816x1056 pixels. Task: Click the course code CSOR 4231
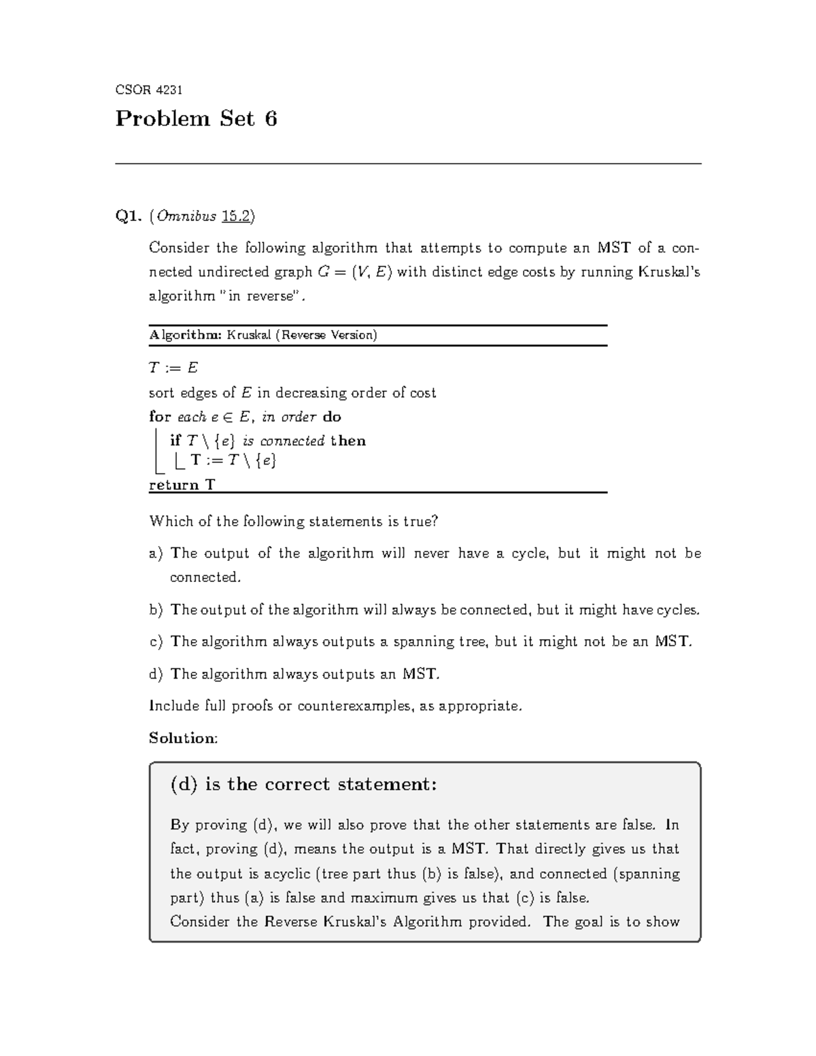pyautogui.click(x=149, y=90)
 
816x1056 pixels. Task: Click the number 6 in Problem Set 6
pyautogui.click(x=271, y=120)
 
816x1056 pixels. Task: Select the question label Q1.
pyautogui.click(x=129, y=216)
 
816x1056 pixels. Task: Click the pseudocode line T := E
pyautogui.click(x=173, y=368)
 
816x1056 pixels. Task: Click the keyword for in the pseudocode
pyautogui.click(x=160, y=417)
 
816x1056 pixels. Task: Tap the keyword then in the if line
pyautogui.click(x=348, y=441)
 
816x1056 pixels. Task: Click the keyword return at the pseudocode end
pyautogui.click(x=174, y=485)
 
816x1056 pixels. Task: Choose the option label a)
pyautogui.click(x=156, y=553)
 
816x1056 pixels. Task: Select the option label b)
pyautogui.click(x=156, y=610)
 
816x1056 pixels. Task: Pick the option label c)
pyautogui.click(x=156, y=642)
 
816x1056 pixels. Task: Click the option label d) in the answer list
pyautogui.click(x=156, y=675)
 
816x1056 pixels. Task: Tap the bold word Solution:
pyautogui.click(x=183, y=738)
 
